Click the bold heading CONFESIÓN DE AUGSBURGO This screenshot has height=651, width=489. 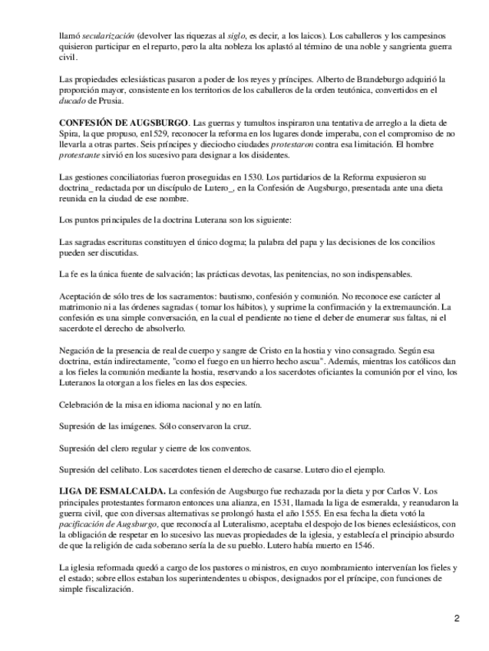[x=123, y=123]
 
